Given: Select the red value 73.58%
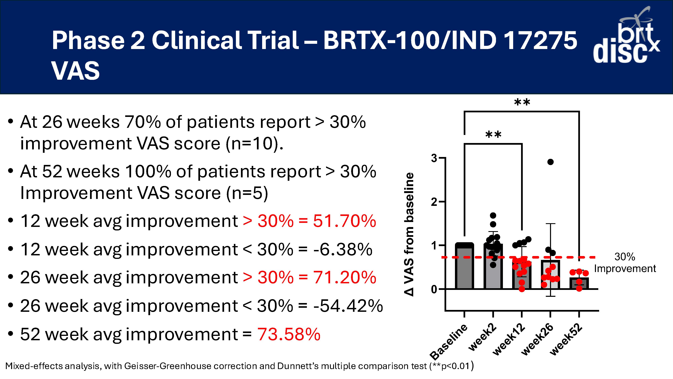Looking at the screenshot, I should (289, 334).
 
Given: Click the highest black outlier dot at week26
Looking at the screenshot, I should (551, 162).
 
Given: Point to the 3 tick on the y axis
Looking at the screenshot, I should (434, 158).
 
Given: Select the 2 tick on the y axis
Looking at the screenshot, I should (434, 202).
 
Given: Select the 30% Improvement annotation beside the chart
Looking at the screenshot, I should (625, 263).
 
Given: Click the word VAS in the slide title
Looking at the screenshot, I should (76, 71).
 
